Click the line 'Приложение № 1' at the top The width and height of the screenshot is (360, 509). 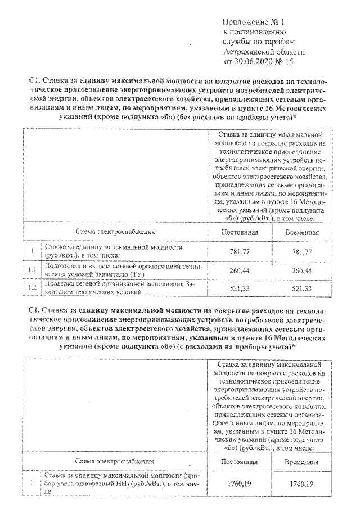coord(255,22)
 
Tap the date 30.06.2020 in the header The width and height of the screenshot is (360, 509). coord(254,61)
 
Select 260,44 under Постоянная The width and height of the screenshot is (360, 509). coord(240,271)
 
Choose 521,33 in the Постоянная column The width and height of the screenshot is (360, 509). coord(240,289)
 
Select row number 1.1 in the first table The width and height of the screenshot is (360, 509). coord(33,271)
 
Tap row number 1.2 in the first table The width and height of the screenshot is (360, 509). coord(33,289)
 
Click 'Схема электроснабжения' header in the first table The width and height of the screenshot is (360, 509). coord(115,232)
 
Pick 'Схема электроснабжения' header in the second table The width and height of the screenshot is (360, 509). coord(115,461)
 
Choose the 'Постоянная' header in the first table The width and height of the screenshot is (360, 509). coord(240,232)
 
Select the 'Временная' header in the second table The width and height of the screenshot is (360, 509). coord(301,461)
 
